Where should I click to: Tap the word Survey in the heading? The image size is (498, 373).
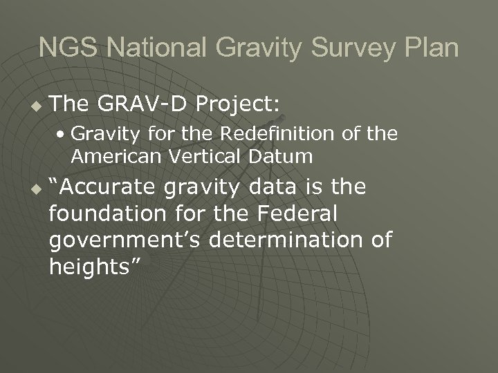click(352, 48)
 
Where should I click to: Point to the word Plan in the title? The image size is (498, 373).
click(431, 48)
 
